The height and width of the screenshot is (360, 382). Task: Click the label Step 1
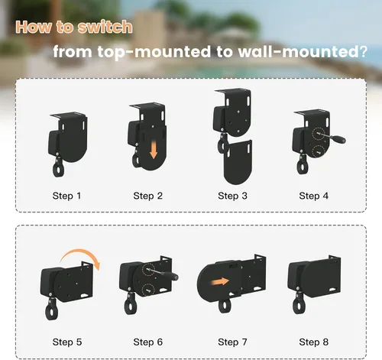pyautogui.click(x=66, y=196)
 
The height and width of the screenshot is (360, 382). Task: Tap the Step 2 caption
pyautogui.click(x=147, y=196)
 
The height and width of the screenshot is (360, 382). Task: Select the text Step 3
pyautogui.click(x=232, y=196)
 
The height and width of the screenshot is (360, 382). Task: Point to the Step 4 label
pyautogui.click(x=314, y=196)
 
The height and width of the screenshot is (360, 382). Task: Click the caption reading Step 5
pyautogui.click(x=67, y=342)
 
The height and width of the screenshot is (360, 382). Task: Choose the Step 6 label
pyautogui.click(x=147, y=342)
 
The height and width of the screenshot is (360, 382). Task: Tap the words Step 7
pyautogui.click(x=232, y=342)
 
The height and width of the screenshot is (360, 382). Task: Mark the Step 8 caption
pyautogui.click(x=314, y=342)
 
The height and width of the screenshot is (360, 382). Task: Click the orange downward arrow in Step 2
pyautogui.click(x=154, y=150)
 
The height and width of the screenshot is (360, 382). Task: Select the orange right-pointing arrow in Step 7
pyautogui.click(x=220, y=282)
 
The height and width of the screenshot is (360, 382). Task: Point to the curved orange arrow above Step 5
pyautogui.click(x=81, y=255)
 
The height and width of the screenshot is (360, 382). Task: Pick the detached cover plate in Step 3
pyautogui.click(x=238, y=162)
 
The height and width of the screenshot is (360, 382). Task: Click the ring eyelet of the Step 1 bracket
pyautogui.click(x=58, y=168)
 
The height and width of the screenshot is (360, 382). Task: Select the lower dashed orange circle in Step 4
pyautogui.click(x=318, y=151)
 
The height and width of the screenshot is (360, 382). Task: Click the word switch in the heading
pyautogui.click(x=105, y=27)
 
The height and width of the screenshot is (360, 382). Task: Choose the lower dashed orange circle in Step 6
pyautogui.click(x=148, y=289)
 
